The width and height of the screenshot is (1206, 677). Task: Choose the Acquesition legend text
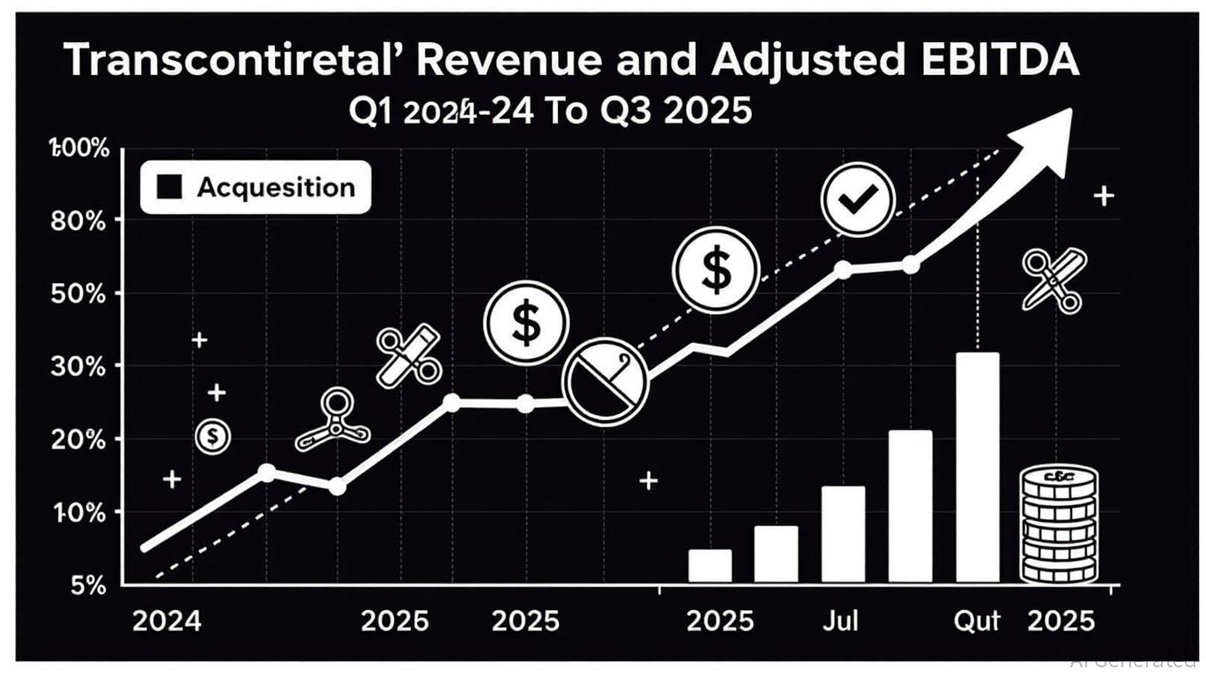pos(275,187)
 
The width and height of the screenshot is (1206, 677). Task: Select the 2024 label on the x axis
pos(166,621)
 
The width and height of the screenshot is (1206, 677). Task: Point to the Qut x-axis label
pos(978,621)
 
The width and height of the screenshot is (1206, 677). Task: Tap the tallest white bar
pos(978,466)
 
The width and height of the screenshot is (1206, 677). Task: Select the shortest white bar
pos(710,565)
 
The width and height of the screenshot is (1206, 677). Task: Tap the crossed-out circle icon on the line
pos(605,381)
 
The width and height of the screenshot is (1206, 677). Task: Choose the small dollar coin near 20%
pos(212,435)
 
